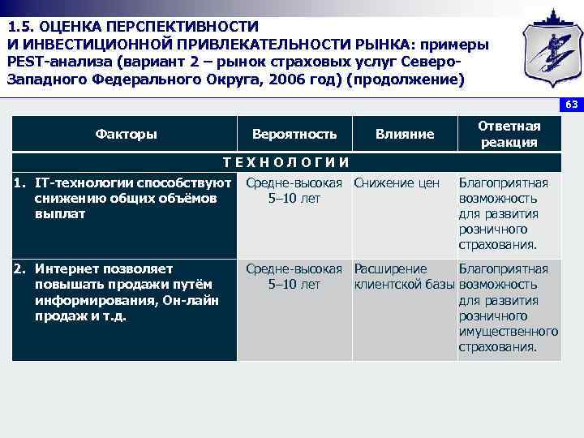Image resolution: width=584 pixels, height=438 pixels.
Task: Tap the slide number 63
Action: click(x=571, y=105)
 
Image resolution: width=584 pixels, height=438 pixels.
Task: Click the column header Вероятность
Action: click(x=294, y=134)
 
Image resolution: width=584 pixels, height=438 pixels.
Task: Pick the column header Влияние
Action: click(x=405, y=134)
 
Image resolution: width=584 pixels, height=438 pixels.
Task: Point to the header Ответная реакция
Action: click(x=509, y=134)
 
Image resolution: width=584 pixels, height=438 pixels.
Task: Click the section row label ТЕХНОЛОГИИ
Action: click(x=286, y=161)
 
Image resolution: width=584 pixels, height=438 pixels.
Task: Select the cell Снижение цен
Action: click(x=397, y=183)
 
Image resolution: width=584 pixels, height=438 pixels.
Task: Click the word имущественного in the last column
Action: click(x=508, y=332)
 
